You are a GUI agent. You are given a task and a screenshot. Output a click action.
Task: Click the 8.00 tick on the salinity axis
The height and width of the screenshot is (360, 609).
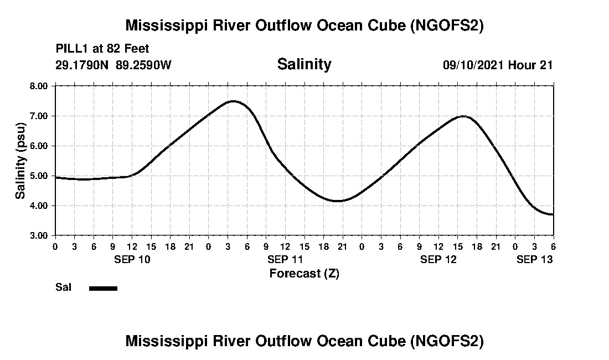39,86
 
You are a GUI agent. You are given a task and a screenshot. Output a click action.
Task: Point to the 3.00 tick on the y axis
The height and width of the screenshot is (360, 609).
39,235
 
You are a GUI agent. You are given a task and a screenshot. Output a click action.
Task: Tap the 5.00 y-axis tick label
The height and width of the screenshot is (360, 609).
39,176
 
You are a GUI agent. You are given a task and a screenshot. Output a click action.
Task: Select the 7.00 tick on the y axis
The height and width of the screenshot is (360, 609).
39,116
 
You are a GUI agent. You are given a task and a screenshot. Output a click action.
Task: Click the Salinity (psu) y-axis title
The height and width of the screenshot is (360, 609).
20,161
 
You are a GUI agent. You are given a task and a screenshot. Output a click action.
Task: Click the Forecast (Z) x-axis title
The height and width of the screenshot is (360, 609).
304,273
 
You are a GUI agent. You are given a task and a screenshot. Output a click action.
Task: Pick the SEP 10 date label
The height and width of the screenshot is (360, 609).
131,259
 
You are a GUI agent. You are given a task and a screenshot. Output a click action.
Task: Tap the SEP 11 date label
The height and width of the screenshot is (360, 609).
285,259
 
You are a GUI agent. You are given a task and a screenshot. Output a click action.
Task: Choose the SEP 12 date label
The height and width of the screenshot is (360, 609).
438,259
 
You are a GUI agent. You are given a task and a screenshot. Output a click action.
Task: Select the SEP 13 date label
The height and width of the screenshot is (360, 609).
534,259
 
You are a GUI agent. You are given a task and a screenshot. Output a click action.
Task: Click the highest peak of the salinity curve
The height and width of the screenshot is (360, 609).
233,101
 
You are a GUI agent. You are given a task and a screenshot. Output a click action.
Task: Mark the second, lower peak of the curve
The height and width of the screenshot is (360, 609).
463,116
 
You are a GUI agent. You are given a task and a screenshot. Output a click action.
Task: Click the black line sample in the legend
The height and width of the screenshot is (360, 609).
103,288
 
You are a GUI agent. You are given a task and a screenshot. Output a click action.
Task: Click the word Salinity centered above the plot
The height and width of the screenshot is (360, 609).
304,64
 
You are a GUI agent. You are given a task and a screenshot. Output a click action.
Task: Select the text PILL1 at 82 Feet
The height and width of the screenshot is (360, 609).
102,49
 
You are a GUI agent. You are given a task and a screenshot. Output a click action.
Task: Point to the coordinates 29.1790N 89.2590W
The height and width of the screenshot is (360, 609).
113,65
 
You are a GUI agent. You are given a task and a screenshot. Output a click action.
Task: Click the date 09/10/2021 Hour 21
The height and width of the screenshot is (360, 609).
497,65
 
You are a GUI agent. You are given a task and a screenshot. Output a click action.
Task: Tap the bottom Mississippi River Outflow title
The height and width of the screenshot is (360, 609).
304,341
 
